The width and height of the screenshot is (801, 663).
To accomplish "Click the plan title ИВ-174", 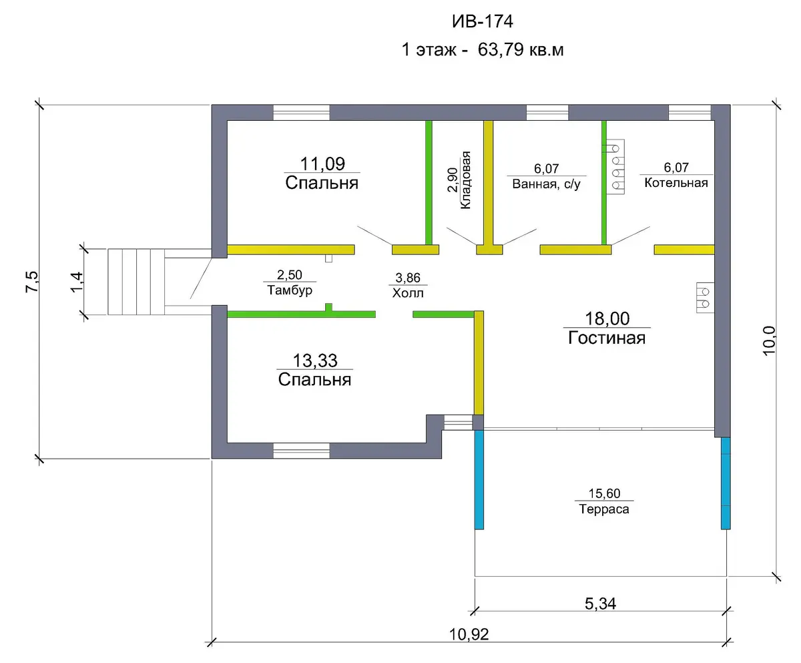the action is (482, 21).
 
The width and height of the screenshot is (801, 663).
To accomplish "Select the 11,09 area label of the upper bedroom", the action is (322, 164).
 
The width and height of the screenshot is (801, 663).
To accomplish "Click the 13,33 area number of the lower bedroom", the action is (315, 361).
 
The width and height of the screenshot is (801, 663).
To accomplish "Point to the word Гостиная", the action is (607, 338).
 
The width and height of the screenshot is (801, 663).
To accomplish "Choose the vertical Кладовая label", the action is (465, 180).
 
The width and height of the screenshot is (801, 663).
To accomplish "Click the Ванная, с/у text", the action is (546, 184).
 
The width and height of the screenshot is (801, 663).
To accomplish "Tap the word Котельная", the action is (676, 183).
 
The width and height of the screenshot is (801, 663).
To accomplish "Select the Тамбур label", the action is (290, 290).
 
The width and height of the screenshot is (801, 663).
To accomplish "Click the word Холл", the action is (408, 293).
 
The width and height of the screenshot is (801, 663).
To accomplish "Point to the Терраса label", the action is (604, 509).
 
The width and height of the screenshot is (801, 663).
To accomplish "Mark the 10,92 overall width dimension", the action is (469, 634).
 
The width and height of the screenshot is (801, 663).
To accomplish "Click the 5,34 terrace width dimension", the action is (600, 604).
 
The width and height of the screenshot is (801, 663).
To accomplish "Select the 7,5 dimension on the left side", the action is (32, 282).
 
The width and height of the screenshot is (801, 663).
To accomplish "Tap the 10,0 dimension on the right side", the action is (769, 341).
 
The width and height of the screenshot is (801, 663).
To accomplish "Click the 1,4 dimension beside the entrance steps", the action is (77, 282).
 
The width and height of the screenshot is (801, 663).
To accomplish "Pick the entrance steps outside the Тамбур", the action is (136, 282).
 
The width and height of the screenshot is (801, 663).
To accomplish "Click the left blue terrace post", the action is (479, 479).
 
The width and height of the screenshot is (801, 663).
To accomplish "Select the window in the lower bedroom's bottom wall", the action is (302, 451).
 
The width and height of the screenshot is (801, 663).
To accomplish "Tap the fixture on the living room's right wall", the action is (705, 298).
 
